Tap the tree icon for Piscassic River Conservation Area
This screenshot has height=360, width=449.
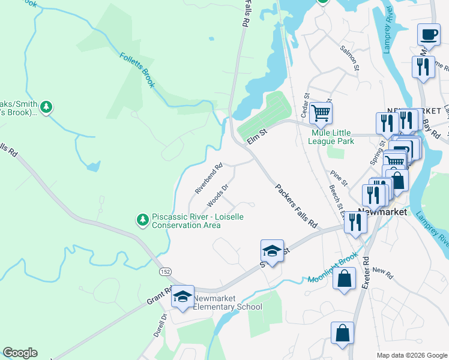[x=143, y=220]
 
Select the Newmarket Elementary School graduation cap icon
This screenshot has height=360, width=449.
[x=183, y=296]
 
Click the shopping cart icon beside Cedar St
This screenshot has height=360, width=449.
[x=321, y=112]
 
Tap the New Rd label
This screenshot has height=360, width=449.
[x=382, y=272]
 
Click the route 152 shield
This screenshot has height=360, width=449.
[x=166, y=272]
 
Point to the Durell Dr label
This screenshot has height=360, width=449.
[x=158, y=325]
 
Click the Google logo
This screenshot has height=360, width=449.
[x=20, y=353]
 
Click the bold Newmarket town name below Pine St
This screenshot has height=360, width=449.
[x=382, y=212]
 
